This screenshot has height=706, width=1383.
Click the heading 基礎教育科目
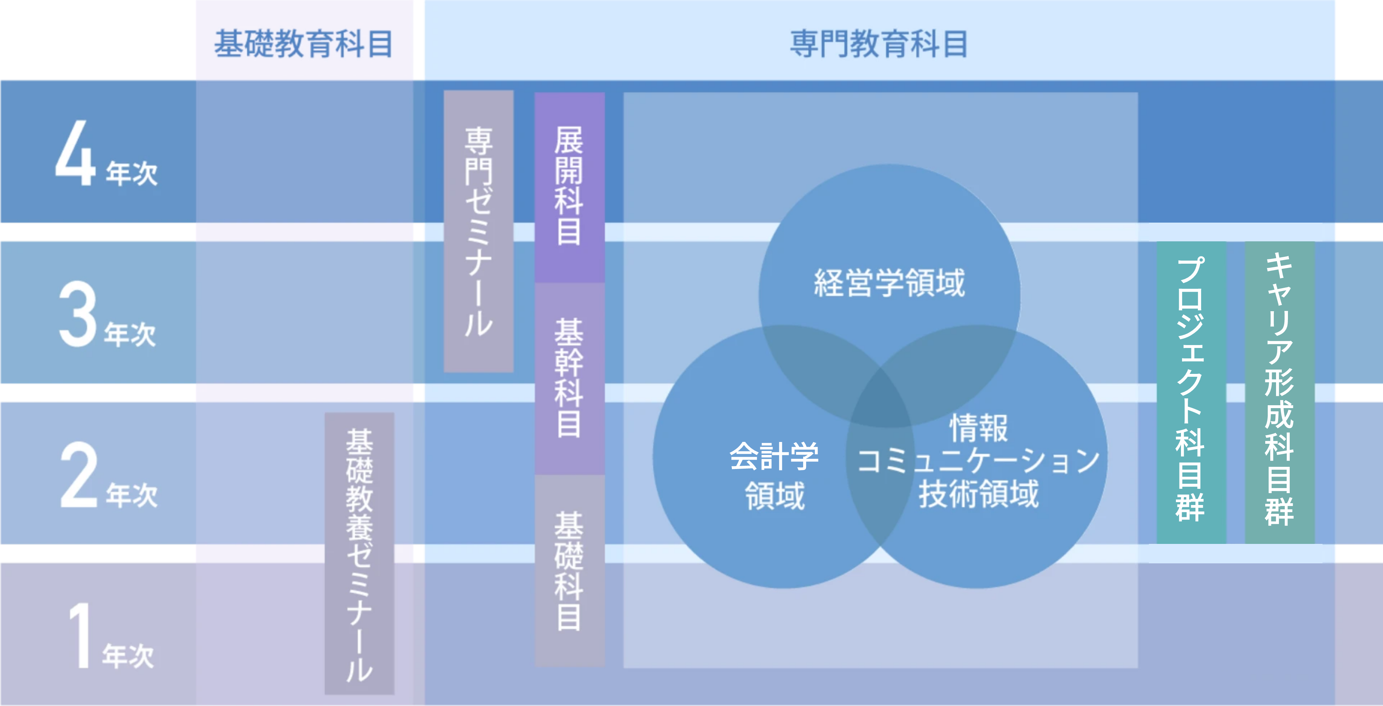(x=303, y=44)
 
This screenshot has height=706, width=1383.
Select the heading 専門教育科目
(x=879, y=44)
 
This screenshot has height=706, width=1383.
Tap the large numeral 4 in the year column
(x=75, y=153)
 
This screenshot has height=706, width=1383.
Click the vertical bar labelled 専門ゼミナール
(x=478, y=231)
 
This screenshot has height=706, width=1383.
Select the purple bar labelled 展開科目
(x=570, y=187)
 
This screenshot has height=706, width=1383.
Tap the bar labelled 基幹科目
(x=570, y=379)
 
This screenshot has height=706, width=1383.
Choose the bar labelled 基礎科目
(x=570, y=571)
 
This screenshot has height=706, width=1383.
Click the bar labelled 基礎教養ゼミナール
(x=359, y=554)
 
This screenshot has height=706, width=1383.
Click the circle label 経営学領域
(x=889, y=283)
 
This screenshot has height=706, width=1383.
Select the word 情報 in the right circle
(x=978, y=428)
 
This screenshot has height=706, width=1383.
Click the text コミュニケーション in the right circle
(x=978, y=461)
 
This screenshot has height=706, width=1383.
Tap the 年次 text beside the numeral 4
(x=131, y=173)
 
